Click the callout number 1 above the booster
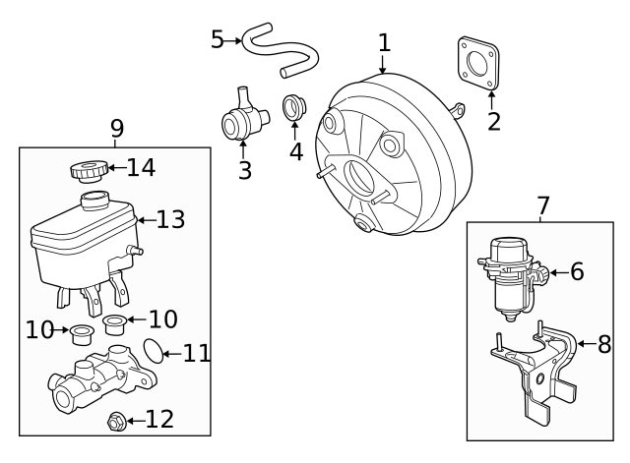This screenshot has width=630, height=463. [x=384, y=42]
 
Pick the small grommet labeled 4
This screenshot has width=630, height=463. [x=294, y=107]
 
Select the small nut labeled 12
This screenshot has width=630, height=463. [x=114, y=422]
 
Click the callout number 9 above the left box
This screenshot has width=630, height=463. [x=117, y=128]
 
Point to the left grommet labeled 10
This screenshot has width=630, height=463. [x=84, y=331]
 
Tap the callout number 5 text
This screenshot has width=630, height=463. [x=218, y=39]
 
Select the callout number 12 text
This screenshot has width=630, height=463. [x=159, y=421]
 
